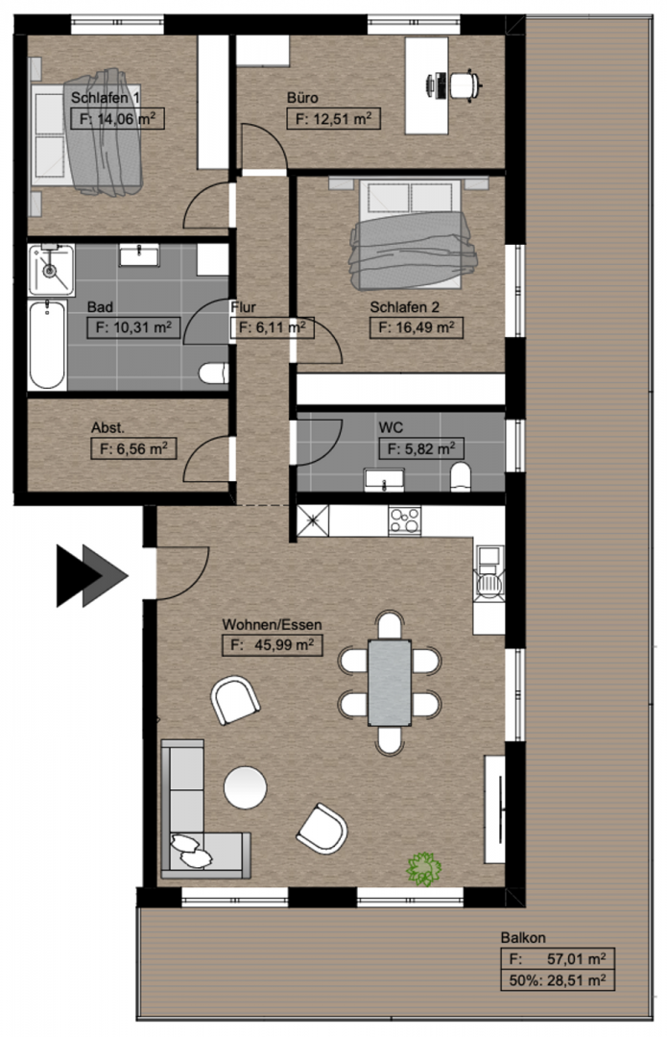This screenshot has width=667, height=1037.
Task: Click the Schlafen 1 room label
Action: pyautogui.click(x=106, y=98)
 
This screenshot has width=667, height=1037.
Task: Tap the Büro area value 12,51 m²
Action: pyautogui.click(x=333, y=119)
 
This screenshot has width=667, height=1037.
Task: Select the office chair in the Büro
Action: pyautogui.click(x=465, y=84)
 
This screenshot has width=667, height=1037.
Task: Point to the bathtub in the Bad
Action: pyautogui.click(x=47, y=344)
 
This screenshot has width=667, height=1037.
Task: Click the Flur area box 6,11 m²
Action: pyautogui.click(x=272, y=327)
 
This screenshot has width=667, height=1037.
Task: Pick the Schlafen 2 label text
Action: pyautogui.click(x=405, y=307)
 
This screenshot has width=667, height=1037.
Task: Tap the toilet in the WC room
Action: pyautogui.click(x=460, y=477)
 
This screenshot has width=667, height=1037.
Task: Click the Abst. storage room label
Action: pyautogui.click(x=107, y=428)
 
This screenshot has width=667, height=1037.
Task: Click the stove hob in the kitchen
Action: pyautogui.click(x=405, y=520)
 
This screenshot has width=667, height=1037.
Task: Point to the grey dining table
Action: pyautogui.click(x=390, y=683)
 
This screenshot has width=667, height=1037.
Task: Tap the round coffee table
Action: pyautogui.click(x=246, y=787)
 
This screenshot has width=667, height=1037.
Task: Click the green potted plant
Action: pyautogui.click(x=423, y=868)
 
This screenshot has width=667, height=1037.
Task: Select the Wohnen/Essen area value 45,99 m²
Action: pyautogui.click(x=273, y=645)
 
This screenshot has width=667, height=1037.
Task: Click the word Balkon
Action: pyautogui.click(x=523, y=937)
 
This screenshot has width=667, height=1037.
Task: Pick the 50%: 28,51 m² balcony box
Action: pyautogui.click(x=558, y=980)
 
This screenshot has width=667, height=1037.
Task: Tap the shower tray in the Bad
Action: pyautogui.click(x=51, y=270)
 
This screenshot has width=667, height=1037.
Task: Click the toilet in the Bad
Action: pyautogui.click(x=213, y=374)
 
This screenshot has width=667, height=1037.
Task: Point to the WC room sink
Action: pyautogui.click(x=384, y=480)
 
